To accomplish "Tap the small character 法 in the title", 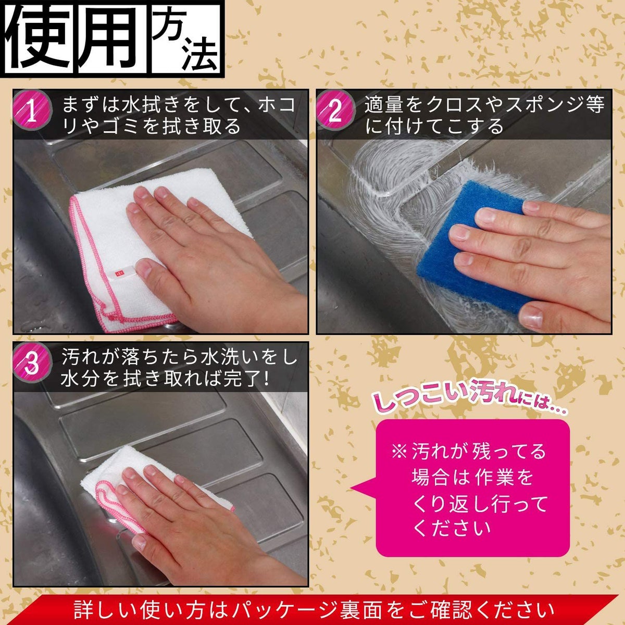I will [x=199, y=57].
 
